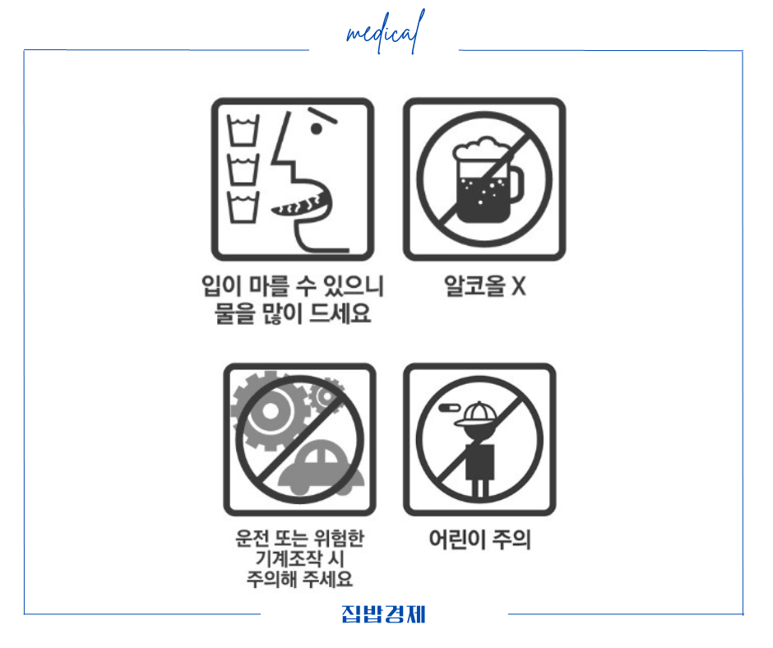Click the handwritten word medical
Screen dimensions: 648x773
385,34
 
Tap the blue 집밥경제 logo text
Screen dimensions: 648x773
384,614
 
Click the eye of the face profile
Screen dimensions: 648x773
316,129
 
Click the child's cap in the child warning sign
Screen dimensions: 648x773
479,413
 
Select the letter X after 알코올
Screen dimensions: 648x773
518,286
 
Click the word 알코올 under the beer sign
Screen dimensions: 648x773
473,286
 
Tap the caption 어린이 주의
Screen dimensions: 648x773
479,539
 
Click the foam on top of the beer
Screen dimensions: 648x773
477,151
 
